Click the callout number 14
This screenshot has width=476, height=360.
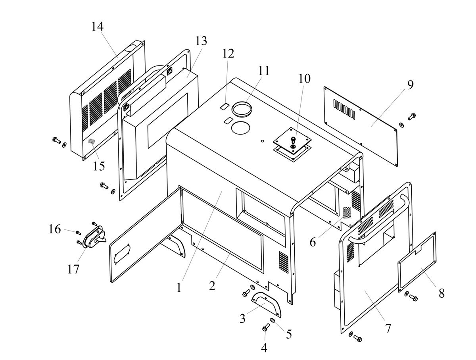[x=97, y=27]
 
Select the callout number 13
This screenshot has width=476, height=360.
[x=201, y=40]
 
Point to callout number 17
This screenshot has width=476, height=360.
[x=73, y=269]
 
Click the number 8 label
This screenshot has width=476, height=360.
[x=441, y=293]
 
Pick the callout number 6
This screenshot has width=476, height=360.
[x=313, y=242]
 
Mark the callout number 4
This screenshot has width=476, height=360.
[x=264, y=348]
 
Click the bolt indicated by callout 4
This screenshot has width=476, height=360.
[x=266, y=327]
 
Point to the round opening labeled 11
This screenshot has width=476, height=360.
[x=242, y=109]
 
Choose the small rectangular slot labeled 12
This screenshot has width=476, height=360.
[x=224, y=106]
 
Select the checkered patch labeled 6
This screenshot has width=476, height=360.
[x=347, y=213]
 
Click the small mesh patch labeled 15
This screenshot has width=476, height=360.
[x=92, y=141]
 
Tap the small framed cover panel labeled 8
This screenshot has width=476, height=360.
[x=417, y=262]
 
